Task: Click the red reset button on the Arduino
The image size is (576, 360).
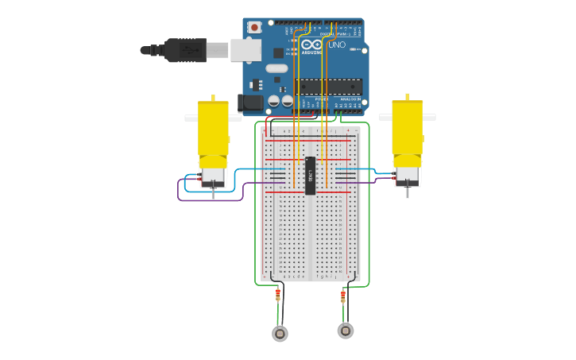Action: (x=254, y=27)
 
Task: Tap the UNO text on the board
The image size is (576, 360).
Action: (x=337, y=45)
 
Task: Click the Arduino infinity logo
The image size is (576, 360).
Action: (x=311, y=45)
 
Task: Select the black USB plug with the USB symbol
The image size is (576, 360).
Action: (x=184, y=50)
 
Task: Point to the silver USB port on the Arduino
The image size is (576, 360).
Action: (x=245, y=50)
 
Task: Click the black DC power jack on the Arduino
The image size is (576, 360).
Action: (x=251, y=103)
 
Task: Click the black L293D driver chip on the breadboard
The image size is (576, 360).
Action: (x=311, y=175)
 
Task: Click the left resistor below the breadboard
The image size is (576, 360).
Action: (x=277, y=296)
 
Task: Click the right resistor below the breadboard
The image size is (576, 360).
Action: (x=343, y=296)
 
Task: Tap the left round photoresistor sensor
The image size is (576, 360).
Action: (x=280, y=334)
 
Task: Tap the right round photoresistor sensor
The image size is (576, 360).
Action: (x=346, y=331)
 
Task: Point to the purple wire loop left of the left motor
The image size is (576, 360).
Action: (x=180, y=191)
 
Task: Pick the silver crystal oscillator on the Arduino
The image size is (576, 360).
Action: (x=276, y=68)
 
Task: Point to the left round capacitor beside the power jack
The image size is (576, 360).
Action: (x=273, y=101)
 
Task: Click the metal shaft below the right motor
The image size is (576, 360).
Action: (x=408, y=192)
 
